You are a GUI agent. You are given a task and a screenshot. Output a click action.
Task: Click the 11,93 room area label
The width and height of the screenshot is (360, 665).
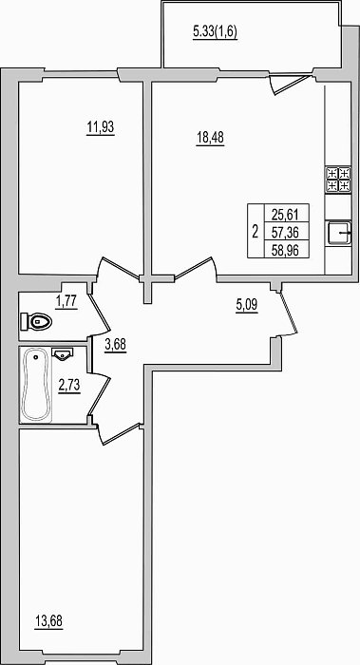click(x=101, y=126)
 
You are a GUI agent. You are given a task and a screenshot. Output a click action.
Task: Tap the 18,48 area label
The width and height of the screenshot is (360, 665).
click(x=210, y=138)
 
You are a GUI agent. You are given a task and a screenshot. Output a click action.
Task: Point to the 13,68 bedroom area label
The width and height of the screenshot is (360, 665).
click(x=48, y=621)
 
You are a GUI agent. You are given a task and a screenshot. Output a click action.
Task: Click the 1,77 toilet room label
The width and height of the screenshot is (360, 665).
click(x=66, y=301)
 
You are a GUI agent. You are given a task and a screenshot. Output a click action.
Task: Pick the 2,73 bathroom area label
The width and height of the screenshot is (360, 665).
click(x=69, y=386)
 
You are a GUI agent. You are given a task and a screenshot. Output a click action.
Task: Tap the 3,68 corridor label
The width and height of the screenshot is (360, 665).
click(x=115, y=345)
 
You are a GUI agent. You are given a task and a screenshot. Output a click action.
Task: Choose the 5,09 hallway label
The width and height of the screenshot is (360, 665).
click(x=247, y=305)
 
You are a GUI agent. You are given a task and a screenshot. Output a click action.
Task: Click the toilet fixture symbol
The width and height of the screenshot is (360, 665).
click(x=36, y=322)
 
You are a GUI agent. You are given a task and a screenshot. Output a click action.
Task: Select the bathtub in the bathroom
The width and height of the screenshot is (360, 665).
click(x=35, y=385)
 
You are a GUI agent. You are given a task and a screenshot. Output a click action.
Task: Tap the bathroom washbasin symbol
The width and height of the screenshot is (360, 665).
click(x=63, y=353)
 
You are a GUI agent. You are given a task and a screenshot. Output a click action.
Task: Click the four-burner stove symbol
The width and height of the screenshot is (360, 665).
click(x=338, y=179)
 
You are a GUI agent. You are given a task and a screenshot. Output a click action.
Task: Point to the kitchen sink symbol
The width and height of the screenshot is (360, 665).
click(x=339, y=233)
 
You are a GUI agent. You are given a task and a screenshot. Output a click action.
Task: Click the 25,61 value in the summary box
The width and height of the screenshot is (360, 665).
click(x=285, y=215)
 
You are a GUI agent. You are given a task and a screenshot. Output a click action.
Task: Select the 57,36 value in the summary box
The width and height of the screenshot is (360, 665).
click(x=285, y=233)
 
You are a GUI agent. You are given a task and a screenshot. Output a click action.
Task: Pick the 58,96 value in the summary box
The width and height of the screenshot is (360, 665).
click(x=285, y=250)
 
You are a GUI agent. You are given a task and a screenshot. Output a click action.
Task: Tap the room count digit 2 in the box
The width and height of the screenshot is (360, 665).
click(x=255, y=233)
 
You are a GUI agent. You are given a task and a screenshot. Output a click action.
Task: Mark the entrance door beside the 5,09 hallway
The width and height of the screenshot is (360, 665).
click(x=288, y=313)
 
